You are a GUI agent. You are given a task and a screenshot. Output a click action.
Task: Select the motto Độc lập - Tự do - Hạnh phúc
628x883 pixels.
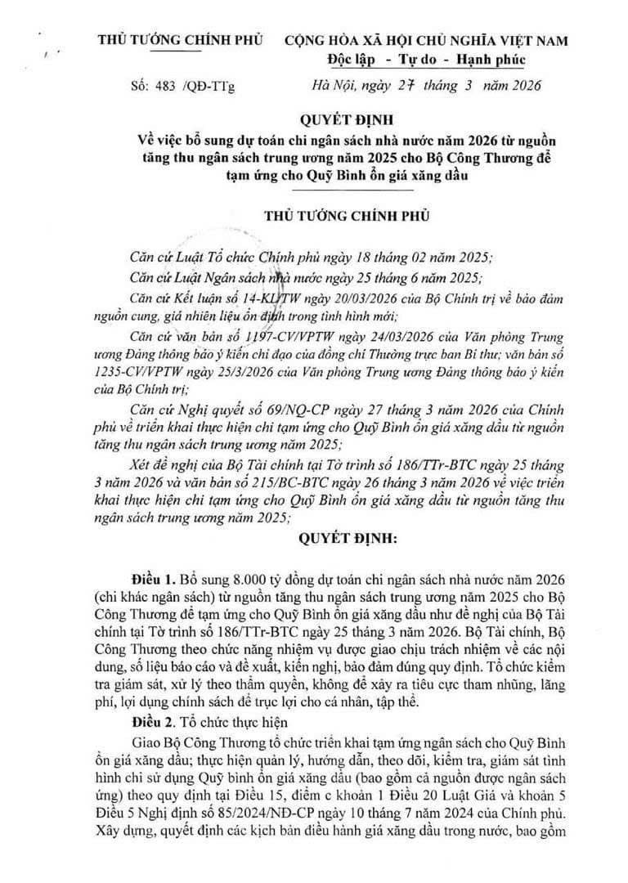coord(420,60)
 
